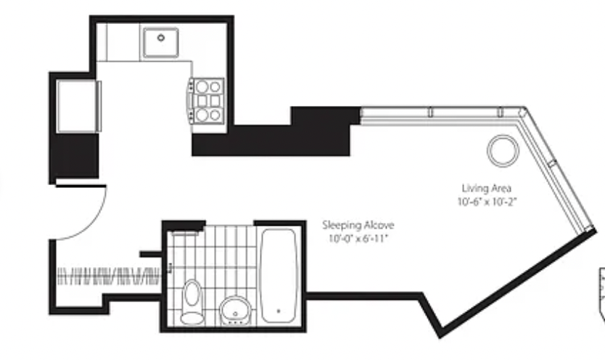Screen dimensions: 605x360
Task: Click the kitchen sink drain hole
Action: click(161, 38)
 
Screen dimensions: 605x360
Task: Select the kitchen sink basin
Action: click(161, 42)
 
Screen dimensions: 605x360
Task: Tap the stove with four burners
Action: click(206, 101)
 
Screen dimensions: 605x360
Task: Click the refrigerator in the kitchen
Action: click(78, 106)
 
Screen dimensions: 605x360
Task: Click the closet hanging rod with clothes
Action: click(108, 276)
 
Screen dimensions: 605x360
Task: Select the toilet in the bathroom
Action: click(192, 302)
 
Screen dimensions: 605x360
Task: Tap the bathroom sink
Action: click(236, 310)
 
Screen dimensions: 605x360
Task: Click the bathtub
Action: click(279, 276)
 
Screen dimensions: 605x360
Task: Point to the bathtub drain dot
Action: click(279, 311)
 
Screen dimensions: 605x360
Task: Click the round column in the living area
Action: click(503, 150)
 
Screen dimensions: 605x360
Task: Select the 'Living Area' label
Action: click(487, 188)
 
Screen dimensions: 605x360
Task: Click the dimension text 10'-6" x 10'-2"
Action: click(487, 202)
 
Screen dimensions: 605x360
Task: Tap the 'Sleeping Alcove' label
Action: click(358, 225)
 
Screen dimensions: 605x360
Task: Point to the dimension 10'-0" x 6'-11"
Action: click(358, 239)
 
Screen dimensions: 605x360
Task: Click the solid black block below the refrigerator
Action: click(74, 156)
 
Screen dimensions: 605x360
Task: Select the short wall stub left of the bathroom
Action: click(150, 254)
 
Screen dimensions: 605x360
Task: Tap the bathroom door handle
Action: click(170, 268)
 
